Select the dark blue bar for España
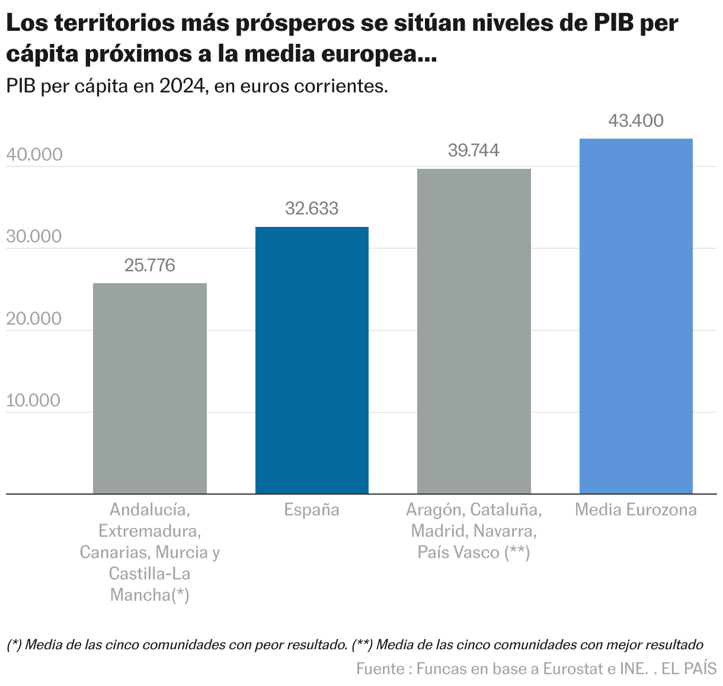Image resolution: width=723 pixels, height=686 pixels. click(x=312, y=360)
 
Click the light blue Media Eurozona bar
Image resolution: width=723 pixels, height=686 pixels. click(x=636, y=316)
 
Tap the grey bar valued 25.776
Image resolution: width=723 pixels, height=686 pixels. click(x=150, y=388)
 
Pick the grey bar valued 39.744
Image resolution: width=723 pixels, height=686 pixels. click(x=474, y=331)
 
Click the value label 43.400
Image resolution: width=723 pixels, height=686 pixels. click(x=636, y=121)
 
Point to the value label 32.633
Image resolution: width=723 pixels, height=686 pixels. click(x=312, y=209)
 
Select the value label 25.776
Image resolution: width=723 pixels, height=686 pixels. click(x=150, y=265)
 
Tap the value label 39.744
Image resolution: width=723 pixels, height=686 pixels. click(x=474, y=150)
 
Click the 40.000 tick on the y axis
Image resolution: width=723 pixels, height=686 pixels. click(x=34, y=155)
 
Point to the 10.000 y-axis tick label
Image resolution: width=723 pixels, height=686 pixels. click(x=34, y=400)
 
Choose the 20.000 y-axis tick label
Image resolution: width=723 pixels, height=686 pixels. click(x=34, y=319)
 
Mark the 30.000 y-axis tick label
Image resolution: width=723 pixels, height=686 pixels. click(x=34, y=236)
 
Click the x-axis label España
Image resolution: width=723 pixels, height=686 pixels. click(x=312, y=510)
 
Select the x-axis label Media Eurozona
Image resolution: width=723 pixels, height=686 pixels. click(x=636, y=510)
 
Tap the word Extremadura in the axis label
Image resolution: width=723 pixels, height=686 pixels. click(x=149, y=531)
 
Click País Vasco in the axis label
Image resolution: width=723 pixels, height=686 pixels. click(x=458, y=552)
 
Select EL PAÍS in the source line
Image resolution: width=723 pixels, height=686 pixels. click(x=689, y=669)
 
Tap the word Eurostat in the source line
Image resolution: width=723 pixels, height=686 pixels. click(x=574, y=669)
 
